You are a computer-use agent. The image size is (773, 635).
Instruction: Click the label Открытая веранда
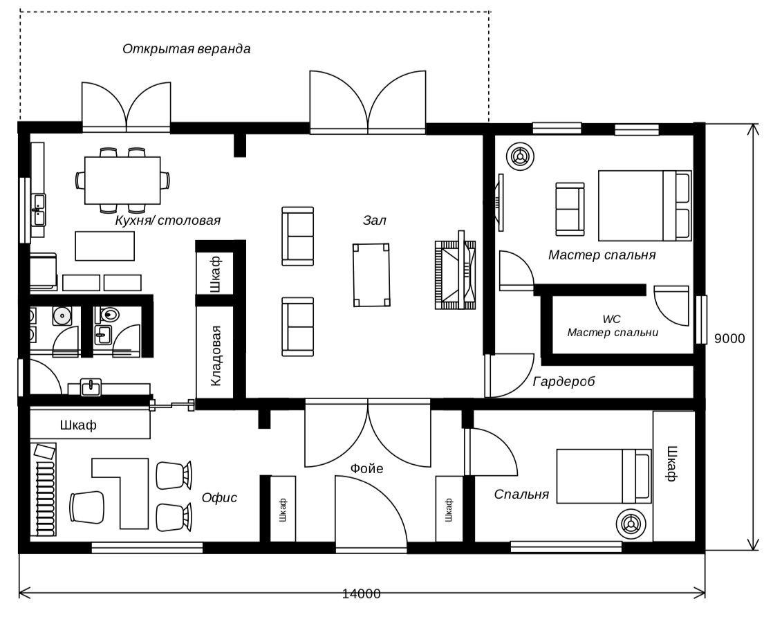187,49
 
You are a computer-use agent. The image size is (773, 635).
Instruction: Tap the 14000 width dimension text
362,593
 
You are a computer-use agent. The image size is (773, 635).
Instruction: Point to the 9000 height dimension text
729,338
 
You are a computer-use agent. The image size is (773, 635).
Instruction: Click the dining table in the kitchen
122,180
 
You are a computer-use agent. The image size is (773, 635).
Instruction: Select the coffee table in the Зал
372,275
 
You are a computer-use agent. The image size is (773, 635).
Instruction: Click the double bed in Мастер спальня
645,205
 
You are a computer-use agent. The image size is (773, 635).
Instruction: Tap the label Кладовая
216,356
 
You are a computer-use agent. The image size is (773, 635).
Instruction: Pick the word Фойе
366,468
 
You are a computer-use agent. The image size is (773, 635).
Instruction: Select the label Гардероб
564,381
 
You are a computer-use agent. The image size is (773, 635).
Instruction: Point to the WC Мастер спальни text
613,326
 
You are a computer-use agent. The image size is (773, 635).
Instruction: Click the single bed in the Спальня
604,476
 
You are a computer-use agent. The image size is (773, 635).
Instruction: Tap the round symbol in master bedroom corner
520,157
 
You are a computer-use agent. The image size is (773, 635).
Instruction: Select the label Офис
219,498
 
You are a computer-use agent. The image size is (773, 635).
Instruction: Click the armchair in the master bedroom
570,209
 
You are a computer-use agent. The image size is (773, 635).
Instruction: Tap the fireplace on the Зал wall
455,275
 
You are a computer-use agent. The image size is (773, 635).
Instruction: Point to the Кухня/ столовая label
167,220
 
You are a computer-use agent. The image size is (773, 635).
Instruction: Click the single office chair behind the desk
87,508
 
